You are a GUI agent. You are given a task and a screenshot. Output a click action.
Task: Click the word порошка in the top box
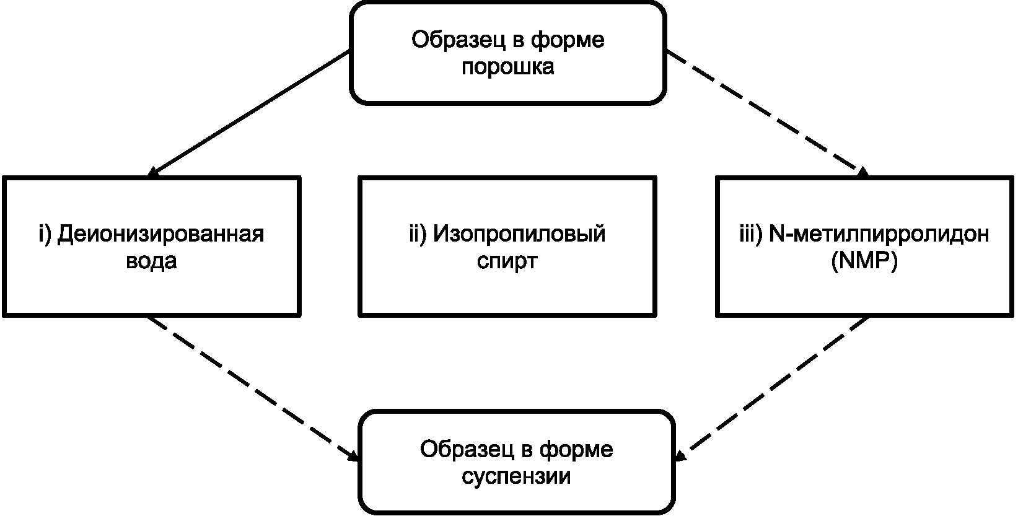[507, 67]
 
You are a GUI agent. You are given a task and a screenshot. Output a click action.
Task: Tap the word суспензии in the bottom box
[516, 476]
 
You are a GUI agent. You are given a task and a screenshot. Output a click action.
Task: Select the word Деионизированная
[160, 235]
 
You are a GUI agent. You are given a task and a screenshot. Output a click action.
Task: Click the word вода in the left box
[151, 261]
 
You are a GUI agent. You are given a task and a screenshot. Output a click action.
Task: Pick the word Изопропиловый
[519, 235]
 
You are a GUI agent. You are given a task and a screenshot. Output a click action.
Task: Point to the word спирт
[507, 261]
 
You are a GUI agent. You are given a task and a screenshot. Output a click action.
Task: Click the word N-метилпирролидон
[879, 234]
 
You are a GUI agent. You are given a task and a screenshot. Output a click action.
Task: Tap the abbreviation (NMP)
[864, 261]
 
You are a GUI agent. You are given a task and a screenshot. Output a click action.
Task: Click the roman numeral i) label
[45, 235]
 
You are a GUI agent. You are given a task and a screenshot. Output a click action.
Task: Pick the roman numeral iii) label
[751, 235]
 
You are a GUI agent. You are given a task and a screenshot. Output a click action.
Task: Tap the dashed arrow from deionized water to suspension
[253, 389]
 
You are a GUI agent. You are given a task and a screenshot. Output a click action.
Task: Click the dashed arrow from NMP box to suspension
[772, 389]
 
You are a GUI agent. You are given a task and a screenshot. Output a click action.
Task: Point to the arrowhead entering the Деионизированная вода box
[152, 173]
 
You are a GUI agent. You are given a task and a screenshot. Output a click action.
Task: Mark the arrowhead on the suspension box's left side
[353, 456]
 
